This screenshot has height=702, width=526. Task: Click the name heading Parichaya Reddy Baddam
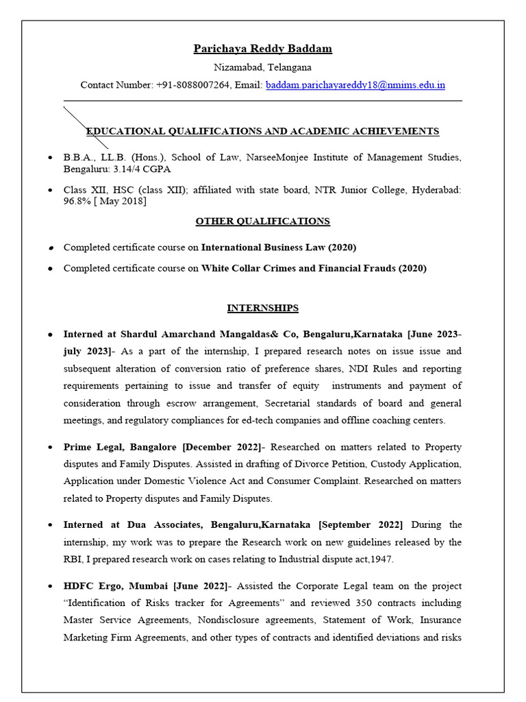point(262,49)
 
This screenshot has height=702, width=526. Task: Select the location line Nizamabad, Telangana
point(262,67)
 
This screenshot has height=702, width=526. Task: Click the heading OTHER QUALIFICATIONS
point(262,221)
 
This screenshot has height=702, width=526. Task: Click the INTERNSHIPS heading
point(262,308)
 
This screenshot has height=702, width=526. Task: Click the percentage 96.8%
point(77,201)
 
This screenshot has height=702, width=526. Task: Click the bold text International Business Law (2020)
point(279,247)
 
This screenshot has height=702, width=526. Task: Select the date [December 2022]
point(223,448)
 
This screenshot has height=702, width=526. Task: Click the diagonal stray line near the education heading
point(86,127)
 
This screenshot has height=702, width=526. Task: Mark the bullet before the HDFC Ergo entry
point(51,587)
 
